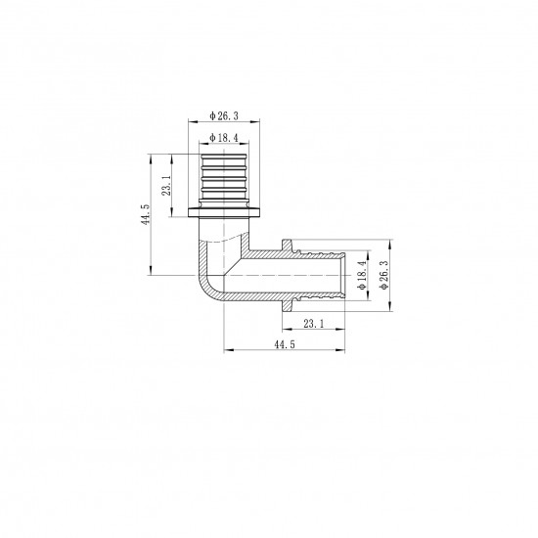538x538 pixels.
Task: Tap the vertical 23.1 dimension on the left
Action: (x=167, y=186)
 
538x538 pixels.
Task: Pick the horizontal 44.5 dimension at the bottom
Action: (x=284, y=344)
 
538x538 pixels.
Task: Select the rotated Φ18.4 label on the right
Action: (x=362, y=275)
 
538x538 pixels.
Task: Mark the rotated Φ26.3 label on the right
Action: (x=384, y=275)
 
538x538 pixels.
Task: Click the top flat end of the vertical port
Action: (x=224, y=153)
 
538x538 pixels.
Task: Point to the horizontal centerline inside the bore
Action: (x=293, y=275)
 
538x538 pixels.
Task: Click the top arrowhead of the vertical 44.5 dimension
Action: (x=152, y=156)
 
